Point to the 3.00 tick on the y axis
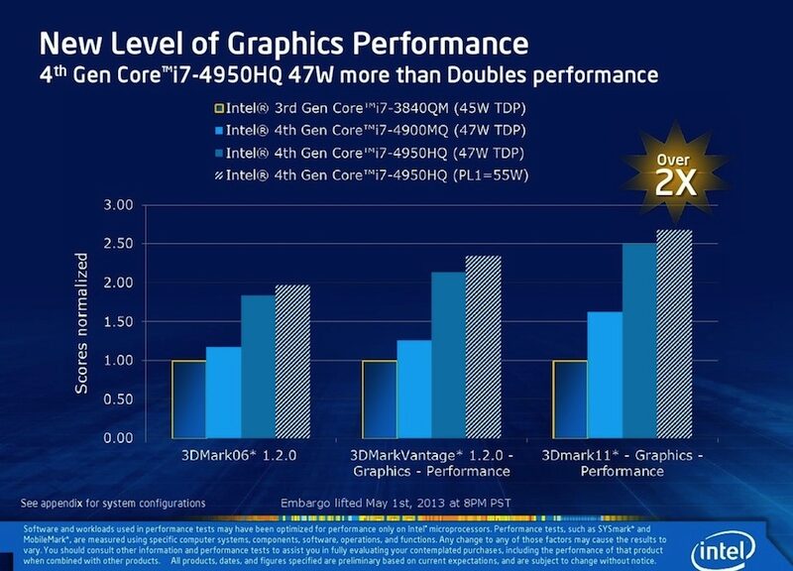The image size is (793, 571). point(118,205)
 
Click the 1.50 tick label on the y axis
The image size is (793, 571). point(118,321)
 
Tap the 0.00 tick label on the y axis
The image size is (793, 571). point(118,437)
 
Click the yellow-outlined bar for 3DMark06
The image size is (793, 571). point(188,399)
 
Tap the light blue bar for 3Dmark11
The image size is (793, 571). point(604,375)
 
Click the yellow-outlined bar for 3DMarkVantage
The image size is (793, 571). point(379,399)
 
